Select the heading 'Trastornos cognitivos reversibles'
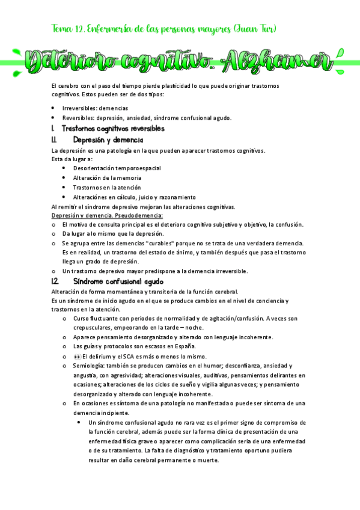(113, 129)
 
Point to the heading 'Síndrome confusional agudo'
(118, 281)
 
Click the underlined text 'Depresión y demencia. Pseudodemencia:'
(107, 215)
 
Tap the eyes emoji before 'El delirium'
(77, 356)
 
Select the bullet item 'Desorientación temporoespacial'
(117, 168)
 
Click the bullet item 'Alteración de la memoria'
(107, 178)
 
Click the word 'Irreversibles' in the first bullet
(80, 108)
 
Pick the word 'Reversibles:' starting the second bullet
(81, 118)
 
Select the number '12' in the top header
(79, 28)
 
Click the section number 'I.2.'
(55, 281)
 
